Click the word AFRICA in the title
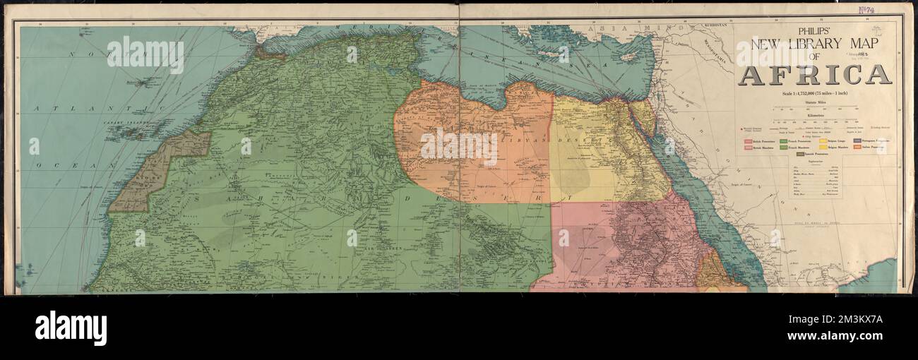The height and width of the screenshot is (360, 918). [x=814, y=74]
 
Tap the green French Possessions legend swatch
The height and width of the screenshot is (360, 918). [x=784, y=141]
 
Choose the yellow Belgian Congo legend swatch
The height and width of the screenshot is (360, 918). [x=823, y=141]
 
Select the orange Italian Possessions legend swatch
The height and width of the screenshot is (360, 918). [x=858, y=148]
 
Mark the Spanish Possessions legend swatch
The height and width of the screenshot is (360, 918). [x=793, y=153]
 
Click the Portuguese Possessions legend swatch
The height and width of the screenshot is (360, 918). [x=858, y=141]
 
